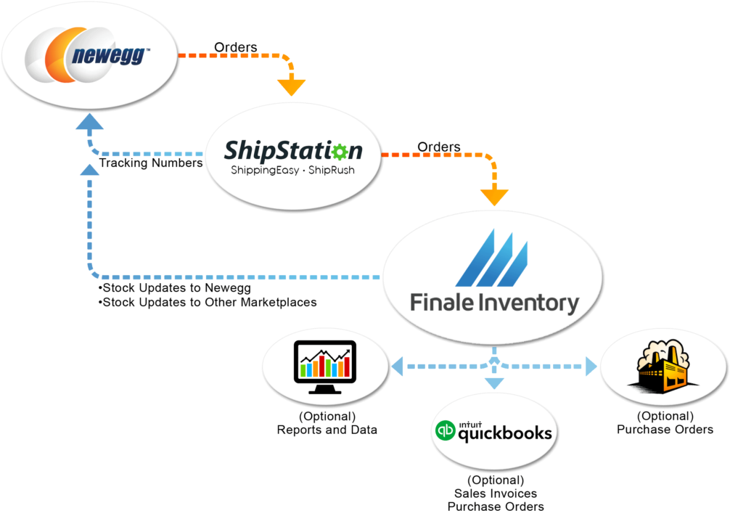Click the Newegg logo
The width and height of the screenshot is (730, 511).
(88, 55)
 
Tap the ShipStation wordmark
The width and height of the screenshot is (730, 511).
(293, 151)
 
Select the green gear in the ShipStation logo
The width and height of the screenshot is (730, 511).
(340, 152)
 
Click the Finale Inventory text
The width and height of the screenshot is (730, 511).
(494, 303)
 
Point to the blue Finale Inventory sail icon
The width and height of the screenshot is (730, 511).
(492, 258)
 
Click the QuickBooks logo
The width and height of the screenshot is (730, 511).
(493, 431)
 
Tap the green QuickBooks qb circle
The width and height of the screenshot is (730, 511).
(445, 430)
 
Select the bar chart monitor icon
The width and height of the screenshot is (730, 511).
(325, 367)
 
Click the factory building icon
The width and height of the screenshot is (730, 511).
(663, 367)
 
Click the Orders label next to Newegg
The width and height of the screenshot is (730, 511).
(236, 47)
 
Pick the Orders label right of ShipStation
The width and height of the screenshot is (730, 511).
(439, 147)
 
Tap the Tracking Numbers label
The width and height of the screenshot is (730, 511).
(151, 163)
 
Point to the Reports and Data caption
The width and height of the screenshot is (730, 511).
(327, 430)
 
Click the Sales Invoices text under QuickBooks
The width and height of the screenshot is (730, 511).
(496, 494)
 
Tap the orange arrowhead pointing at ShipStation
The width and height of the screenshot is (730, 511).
(292, 88)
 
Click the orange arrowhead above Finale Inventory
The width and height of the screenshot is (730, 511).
(494, 197)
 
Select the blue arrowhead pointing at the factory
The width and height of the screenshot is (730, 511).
(591, 366)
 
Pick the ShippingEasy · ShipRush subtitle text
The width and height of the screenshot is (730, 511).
(293, 170)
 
